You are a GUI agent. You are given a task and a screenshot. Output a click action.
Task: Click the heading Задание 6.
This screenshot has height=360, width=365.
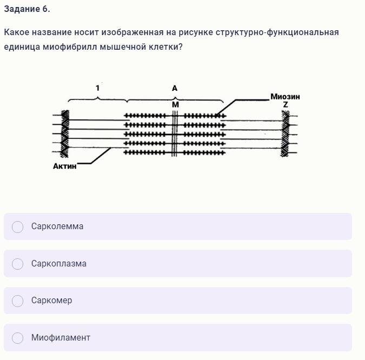[27, 9]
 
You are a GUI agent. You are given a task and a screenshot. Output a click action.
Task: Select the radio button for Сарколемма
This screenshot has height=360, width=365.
[17, 226]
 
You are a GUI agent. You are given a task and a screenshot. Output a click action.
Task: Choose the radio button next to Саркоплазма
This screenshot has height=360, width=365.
[17, 264]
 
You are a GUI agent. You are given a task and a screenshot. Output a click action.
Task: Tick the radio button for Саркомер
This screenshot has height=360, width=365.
[17, 301]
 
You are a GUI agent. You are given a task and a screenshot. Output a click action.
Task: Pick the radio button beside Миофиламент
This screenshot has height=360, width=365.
[17, 338]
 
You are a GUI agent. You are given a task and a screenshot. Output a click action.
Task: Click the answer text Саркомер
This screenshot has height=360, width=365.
[52, 301]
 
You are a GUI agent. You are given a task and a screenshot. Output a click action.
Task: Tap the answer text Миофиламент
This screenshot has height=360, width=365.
[61, 337]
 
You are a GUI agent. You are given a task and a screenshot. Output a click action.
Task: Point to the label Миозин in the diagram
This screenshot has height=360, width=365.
[285, 97]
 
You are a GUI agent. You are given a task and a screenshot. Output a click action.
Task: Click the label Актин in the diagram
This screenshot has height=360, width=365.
[65, 166]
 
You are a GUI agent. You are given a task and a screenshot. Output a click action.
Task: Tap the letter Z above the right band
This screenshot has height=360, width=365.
[286, 105]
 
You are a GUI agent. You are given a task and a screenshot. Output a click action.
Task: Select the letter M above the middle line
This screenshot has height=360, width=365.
[175, 105]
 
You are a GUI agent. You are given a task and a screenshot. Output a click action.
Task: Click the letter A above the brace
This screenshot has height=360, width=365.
[175, 88]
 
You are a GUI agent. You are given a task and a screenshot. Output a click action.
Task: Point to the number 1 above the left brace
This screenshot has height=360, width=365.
[97, 88]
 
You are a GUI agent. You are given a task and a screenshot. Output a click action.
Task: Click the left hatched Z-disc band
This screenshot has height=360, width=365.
[65, 134]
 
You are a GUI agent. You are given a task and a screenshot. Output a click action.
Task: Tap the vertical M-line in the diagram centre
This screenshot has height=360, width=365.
[175, 134]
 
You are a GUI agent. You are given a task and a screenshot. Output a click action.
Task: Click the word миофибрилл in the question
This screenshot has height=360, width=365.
[70, 47]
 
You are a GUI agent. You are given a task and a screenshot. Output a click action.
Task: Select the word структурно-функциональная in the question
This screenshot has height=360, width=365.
[277, 32]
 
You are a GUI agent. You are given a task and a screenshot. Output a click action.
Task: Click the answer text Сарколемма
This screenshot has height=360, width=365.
[57, 226]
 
